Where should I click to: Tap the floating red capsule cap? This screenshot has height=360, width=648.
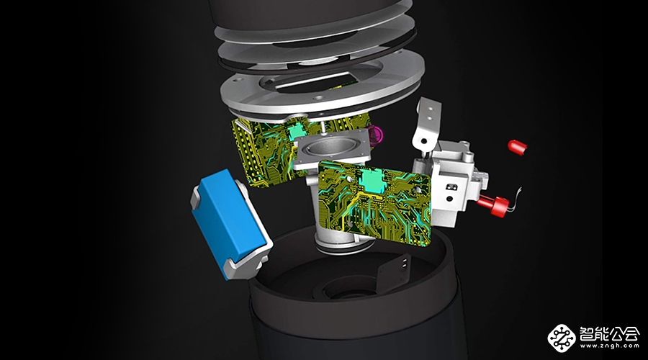[518, 147]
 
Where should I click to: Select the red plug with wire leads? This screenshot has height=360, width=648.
[494, 205]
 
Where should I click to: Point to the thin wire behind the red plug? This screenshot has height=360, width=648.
[516, 199]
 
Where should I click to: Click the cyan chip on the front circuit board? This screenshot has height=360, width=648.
[372, 180]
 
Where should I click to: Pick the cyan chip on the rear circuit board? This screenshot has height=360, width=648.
[298, 131]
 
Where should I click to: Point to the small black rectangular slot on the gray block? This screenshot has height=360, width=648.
[451, 186]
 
